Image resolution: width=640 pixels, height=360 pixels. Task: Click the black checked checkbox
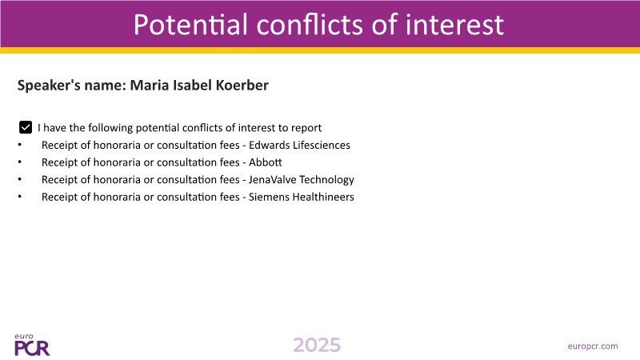(26, 127)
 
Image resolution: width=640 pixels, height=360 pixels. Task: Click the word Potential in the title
(190, 25)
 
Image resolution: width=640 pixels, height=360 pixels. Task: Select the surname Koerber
(242, 86)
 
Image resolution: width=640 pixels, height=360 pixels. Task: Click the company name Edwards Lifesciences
(299, 146)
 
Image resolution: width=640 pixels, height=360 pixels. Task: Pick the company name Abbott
(266, 162)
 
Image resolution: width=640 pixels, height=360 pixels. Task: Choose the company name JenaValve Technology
(302, 180)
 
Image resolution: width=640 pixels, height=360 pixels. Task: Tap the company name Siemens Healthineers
(302, 197)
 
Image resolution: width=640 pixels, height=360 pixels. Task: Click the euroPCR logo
(32, 346)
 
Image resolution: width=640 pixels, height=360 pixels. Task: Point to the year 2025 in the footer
(317, 346)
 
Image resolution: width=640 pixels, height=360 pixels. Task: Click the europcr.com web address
(593, 346)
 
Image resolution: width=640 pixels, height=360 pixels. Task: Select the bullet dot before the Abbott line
(19, 162)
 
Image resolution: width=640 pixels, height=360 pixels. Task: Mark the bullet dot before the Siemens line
(19, 197)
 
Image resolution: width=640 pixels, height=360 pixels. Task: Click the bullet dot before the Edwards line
(19, 145)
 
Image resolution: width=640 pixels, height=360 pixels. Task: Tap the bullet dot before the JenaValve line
(19, 179)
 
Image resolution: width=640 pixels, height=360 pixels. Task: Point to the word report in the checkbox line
(306, 128)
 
